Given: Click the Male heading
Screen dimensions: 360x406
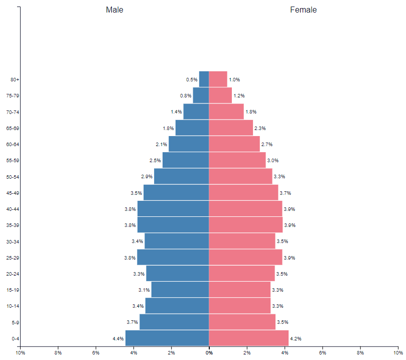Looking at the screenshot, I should click(x=114, y=10).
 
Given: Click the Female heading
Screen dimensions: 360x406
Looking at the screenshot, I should click(x=303, y=10).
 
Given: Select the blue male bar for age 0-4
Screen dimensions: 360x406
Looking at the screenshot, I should click(x=167, y=338).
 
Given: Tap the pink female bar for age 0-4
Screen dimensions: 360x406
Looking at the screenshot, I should click(x=248, y=338).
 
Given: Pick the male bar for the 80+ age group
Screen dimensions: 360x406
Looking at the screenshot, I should click(x=204, y=79).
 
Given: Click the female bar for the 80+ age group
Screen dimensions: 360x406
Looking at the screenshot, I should click(x=218, y=79).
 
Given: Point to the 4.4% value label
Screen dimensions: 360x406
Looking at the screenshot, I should click(x=118, y=339).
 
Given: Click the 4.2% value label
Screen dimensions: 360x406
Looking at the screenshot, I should click(x=296, y=339).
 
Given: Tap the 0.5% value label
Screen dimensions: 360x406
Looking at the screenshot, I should click(x=192, y=80).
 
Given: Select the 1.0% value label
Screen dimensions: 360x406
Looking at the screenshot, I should click(x=234, y=80).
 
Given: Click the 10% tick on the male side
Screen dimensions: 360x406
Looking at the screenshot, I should click(x=20, y=352).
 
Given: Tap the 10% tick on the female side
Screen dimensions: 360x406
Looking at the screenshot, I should click(x=398, y=352).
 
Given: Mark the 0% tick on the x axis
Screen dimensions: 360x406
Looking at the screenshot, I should click(x=209, y=352).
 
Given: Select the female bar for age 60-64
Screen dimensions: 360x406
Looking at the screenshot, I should click(x=234, y=144).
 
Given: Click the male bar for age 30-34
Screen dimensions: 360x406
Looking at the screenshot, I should click(x=177, y=241).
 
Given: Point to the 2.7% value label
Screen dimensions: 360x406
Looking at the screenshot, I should click(x=266, y=145).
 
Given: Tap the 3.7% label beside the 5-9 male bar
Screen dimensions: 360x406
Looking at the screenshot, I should click(x=132, y=322).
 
